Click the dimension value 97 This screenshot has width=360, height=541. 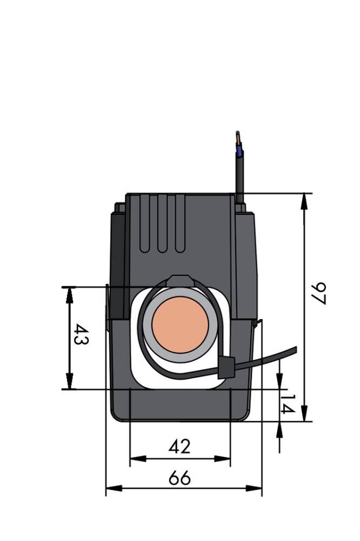coord(319,293)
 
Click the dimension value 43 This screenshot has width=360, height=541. coord(82,335)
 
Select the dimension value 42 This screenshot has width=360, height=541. coord(179,447)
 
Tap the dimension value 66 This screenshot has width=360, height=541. coord(179,478)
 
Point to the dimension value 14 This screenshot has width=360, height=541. coord(289,405)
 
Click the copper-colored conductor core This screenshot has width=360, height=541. coord(180,324)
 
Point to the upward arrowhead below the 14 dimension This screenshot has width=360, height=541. coord(279,430)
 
